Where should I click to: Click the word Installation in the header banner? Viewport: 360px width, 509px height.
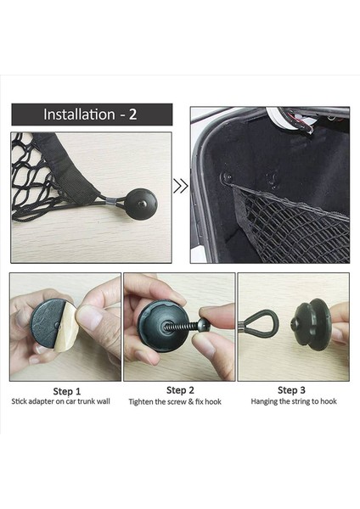79,115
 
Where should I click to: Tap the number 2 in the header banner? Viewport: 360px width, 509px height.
132,115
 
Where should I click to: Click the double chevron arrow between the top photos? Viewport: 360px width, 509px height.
181,186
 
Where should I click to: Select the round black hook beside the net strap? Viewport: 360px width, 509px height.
141,204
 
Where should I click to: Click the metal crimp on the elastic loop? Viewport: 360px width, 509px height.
110,201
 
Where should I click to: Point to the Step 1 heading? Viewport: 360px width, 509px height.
66,391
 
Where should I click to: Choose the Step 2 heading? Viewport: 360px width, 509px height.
180,390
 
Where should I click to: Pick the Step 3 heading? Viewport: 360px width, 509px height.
291,390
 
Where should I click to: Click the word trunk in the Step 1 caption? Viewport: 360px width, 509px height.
86,401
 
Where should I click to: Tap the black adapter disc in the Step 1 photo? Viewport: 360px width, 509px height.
46,326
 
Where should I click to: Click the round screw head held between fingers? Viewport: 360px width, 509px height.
204,325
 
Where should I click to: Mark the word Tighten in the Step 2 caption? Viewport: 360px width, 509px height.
141,402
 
